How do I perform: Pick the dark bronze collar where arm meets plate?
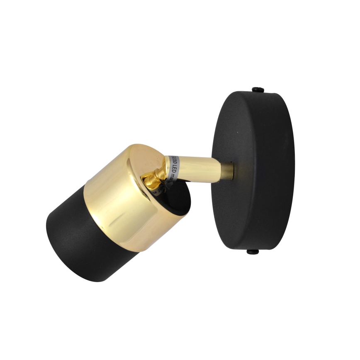[229, 167]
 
